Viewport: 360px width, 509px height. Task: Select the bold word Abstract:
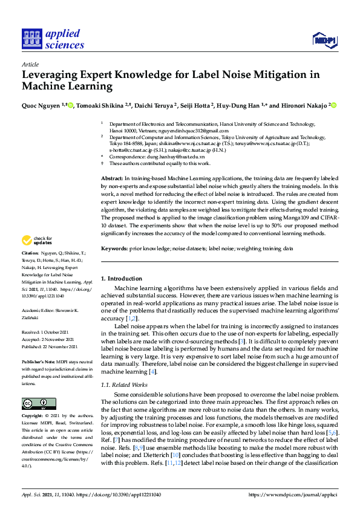point(111,180)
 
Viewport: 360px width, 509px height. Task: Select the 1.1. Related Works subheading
point(124,385)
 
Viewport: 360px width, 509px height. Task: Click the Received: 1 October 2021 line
point(46,332)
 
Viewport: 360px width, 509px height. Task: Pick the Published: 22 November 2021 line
point(49,347)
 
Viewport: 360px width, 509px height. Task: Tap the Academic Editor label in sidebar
point(38,310)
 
